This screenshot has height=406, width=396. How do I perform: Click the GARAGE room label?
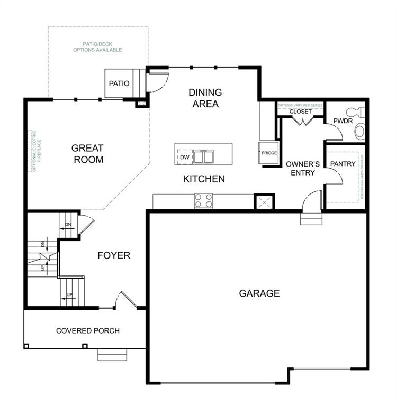click(259, 293)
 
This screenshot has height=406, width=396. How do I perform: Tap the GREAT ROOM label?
click(88, 154)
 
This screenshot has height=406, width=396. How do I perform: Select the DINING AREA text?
click(205, 98)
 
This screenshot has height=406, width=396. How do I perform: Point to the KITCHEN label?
click(204, 179)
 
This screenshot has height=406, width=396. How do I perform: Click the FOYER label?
click(114, 256)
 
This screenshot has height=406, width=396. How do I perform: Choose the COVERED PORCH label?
click(88, 331)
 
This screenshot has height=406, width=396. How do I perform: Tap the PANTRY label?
click(343, 164)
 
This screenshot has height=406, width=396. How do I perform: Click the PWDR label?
click(342, 122)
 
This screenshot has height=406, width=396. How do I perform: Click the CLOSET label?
click(300, 112)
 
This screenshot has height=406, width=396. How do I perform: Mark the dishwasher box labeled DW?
click(184, 157)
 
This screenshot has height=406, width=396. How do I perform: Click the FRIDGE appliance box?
click(269, 153)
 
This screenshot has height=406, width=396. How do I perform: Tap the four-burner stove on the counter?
click(203, 201)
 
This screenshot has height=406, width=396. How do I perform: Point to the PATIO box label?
click(119, 84)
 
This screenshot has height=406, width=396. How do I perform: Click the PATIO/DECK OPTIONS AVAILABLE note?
click(97, 47)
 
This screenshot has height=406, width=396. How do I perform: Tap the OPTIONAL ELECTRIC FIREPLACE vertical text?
click(34, 151)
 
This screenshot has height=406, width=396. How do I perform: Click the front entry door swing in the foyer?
click(128, 300)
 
